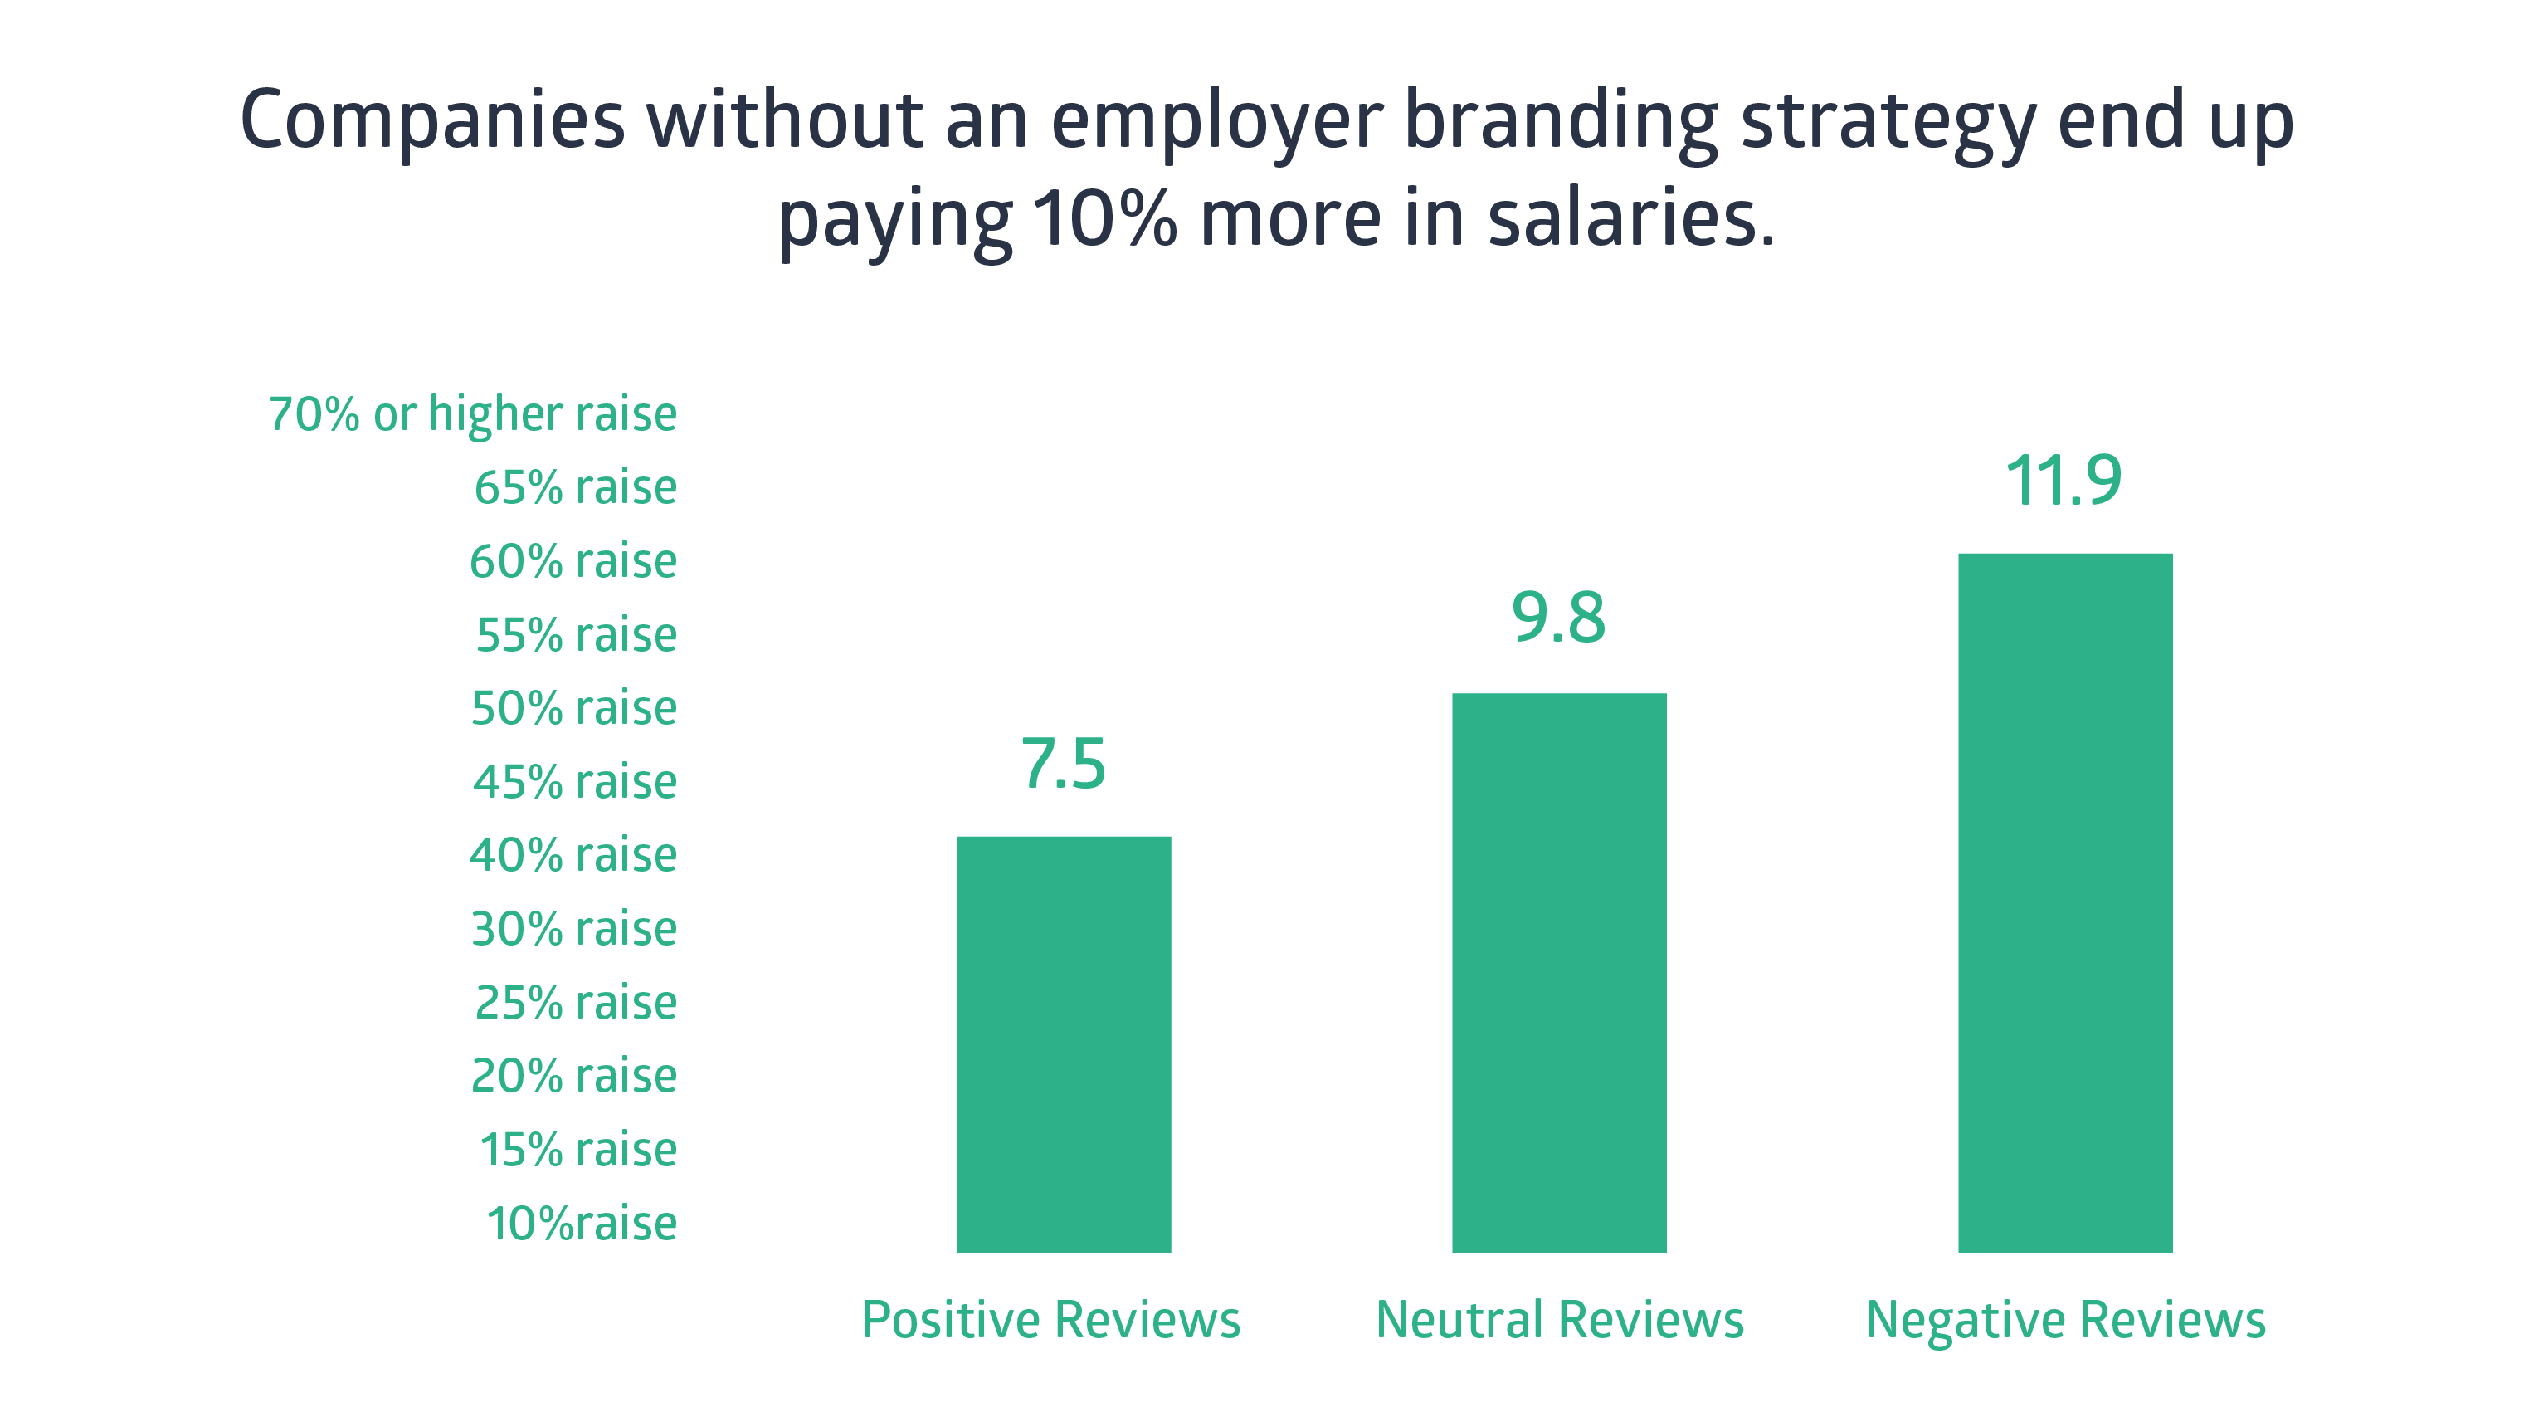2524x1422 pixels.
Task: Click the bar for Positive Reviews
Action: [1063, 1043]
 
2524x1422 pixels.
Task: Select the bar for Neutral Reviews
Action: [1559, 972]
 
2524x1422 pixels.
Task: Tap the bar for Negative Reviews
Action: [2065, 902]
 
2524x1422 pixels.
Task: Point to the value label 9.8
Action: [1559, 618]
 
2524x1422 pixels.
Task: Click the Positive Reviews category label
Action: [1051, 1319]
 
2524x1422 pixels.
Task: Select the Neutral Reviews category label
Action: [1560, 1319]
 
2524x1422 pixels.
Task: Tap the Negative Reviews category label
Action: [2065, 1321]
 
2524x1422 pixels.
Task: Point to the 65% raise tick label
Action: [576, 487]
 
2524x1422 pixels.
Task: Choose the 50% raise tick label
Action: [574, 707]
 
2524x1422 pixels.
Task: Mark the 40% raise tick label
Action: [573, 854]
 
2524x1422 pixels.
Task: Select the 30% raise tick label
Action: [574, 928]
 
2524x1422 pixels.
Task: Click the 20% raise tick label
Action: [574, 1075]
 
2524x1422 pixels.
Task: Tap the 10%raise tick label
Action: [582, 1223]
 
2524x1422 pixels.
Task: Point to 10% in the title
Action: [1104, 217]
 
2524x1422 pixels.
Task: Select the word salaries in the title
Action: [1631, 217]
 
